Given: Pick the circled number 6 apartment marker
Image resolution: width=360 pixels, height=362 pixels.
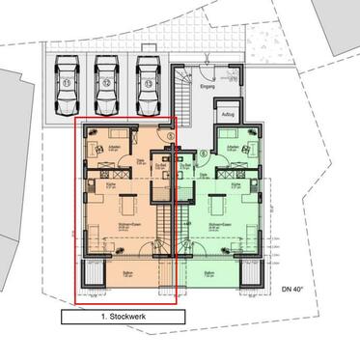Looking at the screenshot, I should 203,153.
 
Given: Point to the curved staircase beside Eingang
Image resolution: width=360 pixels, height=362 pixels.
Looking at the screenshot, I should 183,92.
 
